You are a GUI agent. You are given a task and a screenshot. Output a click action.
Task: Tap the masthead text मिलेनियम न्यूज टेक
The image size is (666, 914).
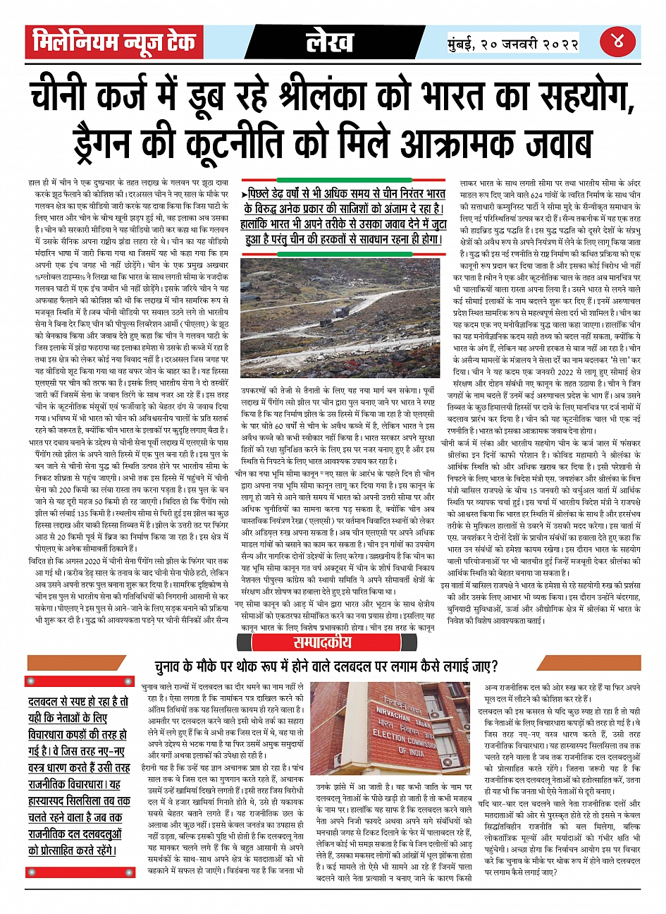(x=114, y=42)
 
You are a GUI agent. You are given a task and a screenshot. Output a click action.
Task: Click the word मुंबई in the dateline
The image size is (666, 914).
(x=466, y=42)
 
